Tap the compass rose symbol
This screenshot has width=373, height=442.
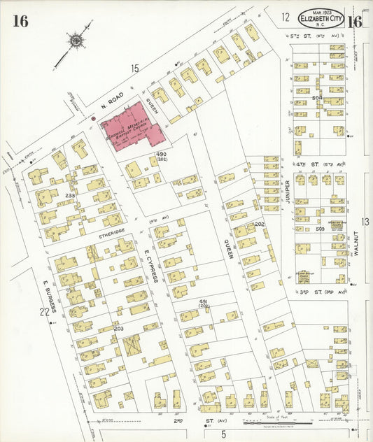click(x=75, y=40)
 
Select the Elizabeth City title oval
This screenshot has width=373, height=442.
click(x=321, y=19)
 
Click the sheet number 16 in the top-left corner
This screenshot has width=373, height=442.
click(x=20, y=21)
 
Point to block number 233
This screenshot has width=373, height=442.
click(x=70, y=195)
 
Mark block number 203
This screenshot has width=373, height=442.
click(x=118, y=328)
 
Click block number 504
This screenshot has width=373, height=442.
click(x=317, y=98)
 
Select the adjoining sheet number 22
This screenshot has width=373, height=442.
click(x=44, y=312)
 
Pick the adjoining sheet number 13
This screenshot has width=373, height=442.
click(x=364, y=222)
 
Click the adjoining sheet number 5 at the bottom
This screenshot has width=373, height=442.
click(x=223, y=434)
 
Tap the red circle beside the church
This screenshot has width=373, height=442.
click(x=93, y=119)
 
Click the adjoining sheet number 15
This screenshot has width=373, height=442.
click(x=134, y=68)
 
